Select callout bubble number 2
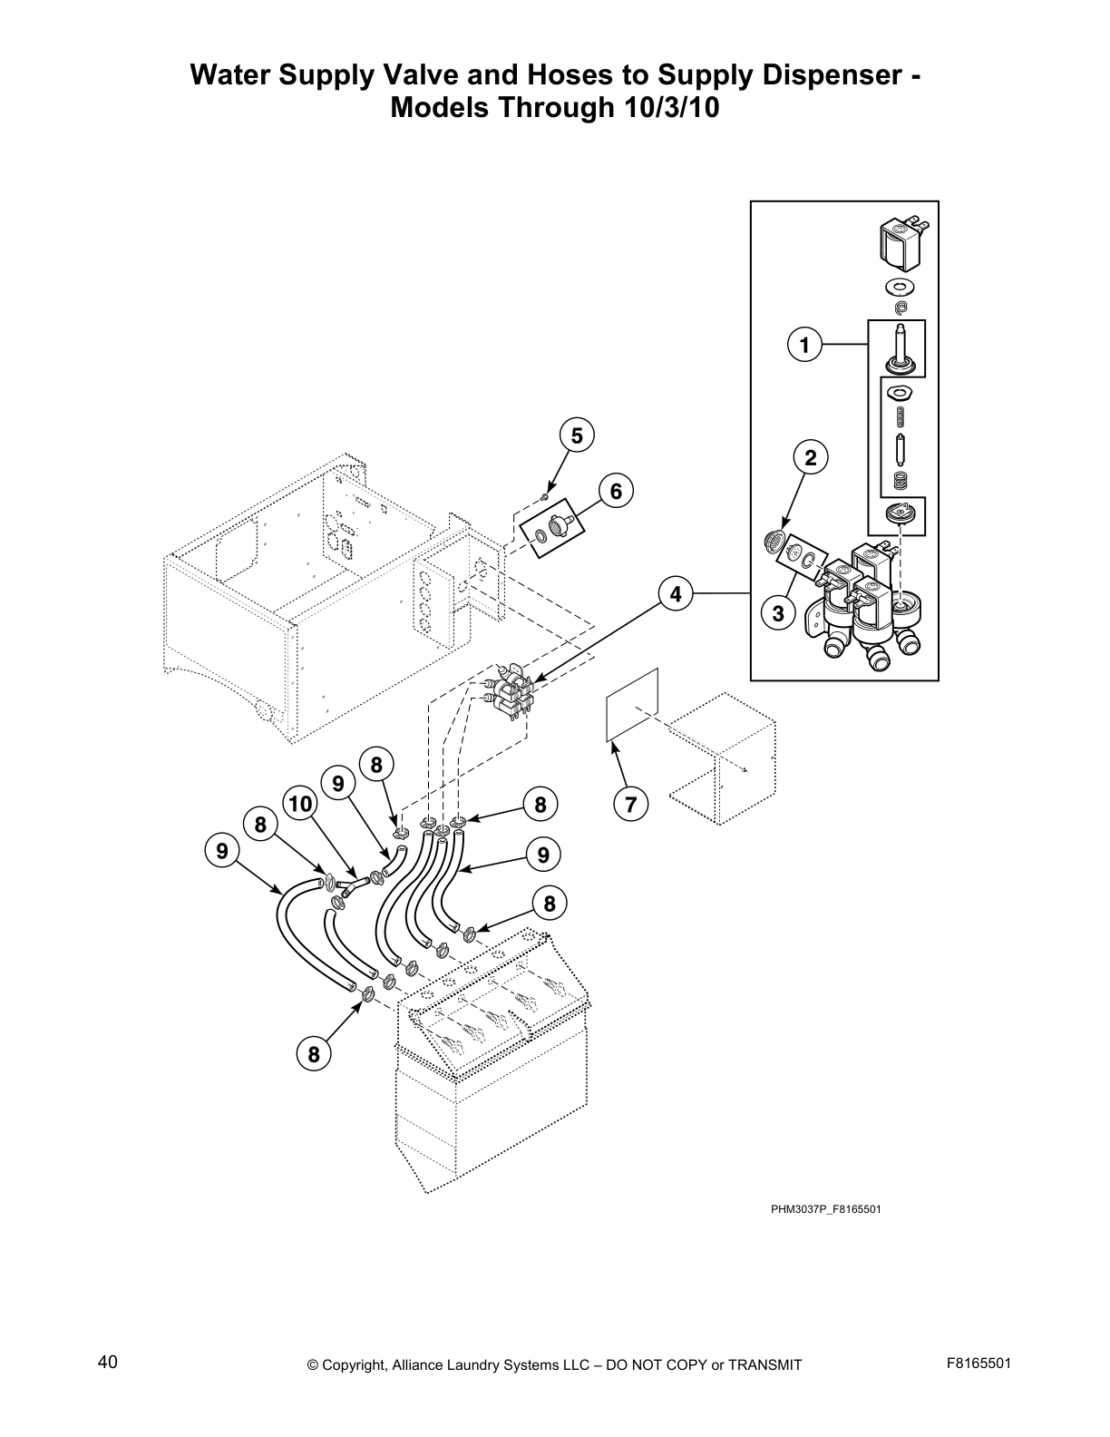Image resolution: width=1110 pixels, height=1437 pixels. click(811, 458)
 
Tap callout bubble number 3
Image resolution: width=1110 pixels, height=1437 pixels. click(778, 613)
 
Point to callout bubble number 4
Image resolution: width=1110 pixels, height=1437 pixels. click(675, 594)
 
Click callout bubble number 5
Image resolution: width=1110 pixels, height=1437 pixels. click(576, 435)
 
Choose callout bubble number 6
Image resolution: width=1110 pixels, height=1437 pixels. click(616, 492)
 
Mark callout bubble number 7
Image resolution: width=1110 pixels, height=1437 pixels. click(631, 804)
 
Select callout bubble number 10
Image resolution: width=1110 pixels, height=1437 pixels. click(300, 804)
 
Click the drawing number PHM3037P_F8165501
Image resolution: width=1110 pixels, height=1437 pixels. click(826, 1209)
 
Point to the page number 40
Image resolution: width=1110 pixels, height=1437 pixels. click(107, 1361)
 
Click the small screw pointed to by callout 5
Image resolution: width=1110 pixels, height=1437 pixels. click(543, 495)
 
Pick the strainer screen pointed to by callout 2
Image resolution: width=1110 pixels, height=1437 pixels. click(774, 543)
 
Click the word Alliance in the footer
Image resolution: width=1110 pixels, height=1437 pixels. click(419, 1365)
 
